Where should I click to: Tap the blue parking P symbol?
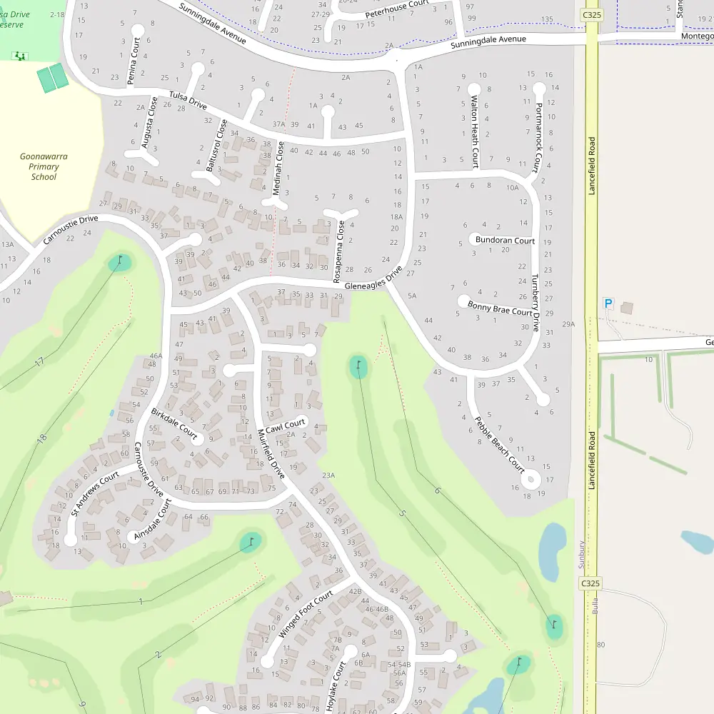[x=608, y=303]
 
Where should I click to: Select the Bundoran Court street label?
[x=505, y=241]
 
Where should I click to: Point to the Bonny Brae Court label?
[x=500, y=308]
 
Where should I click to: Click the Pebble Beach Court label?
[x=500, y=441]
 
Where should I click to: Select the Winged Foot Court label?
[x=306, y=615]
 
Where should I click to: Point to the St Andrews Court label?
[x=95, y=492]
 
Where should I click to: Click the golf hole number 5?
[x=402, y=513]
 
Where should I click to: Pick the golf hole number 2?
[x=158, y=654]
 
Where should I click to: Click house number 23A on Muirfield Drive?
[x=328, y=475]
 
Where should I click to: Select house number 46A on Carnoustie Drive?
[x=156, y=356]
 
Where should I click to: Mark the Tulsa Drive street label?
[x=188, y=101]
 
